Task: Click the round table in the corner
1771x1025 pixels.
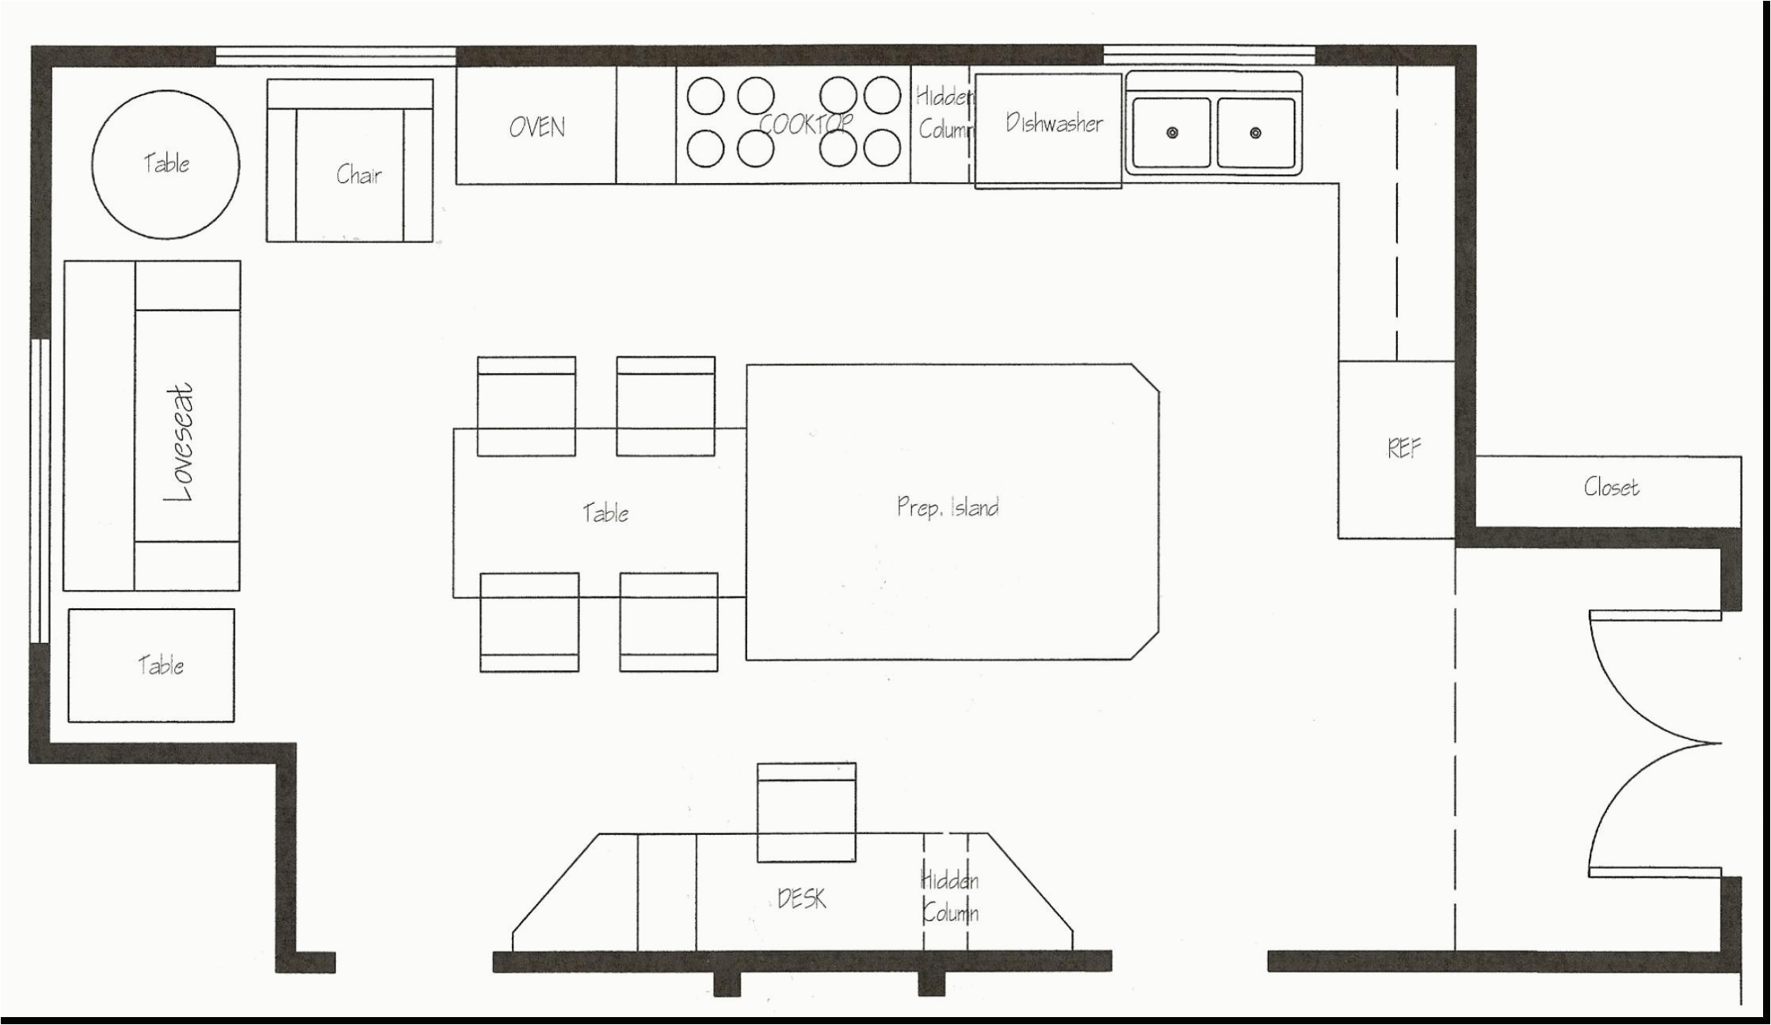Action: tap(166, 164)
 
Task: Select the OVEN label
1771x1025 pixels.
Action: tap(537, 128)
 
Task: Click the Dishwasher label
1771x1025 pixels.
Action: tap(1054, 123)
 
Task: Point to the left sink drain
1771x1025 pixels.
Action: tap(1172, 133)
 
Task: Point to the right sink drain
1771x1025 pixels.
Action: tap(1255, 133)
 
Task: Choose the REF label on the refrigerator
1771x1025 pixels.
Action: tap(1403, 449)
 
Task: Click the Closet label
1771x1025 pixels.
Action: tap(1611, 486)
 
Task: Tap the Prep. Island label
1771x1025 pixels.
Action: tap(948, 507)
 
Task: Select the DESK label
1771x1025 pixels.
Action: tap(802, 899)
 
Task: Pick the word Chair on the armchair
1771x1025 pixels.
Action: tap(358, 175)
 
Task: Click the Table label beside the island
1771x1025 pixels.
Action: tap(606, 513)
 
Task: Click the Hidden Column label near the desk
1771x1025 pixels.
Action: tap(949, 897)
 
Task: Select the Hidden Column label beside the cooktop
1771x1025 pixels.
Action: tap(944, 112)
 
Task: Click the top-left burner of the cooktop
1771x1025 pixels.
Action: tap(705, 96)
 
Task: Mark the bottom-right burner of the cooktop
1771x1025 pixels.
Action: tap(882, 148)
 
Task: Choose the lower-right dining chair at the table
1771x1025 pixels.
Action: tap(669, 623)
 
